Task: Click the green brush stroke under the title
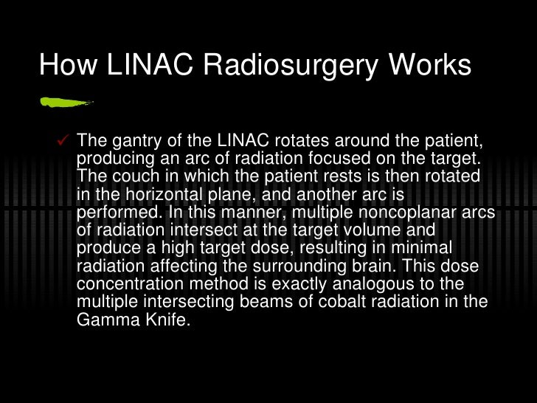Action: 65,103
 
